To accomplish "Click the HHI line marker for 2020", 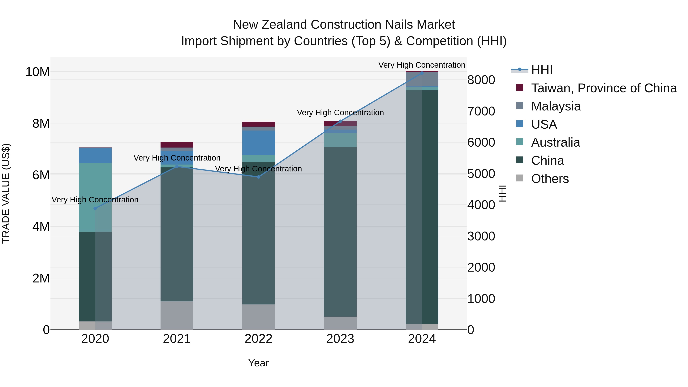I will pyautogui.click(x=95, y=208).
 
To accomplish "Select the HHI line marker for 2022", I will pyautogui.click(x=258, y=177).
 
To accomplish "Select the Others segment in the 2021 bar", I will pyautogui.click(x=177, y=315).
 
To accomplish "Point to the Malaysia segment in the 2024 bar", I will pyautogui.click(x=422, y=79).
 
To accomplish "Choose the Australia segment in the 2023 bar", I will pyautogui.click(x=340, y=140).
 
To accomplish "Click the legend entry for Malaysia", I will pyautogui.click(x=556, y=106).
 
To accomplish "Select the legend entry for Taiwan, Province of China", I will pyautogui.click(x=604, y=88).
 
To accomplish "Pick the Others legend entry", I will pyautogui.click(x=550, y=179).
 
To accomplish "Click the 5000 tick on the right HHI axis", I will pyautogui.click(x=481, y=174).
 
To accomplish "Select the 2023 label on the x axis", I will pyautogui.click(x=340, y=339).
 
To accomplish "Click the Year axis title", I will pyautogui.click(x=258, y=363).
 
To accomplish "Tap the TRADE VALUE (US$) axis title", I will pyautogui.click(x=6, y=193).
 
